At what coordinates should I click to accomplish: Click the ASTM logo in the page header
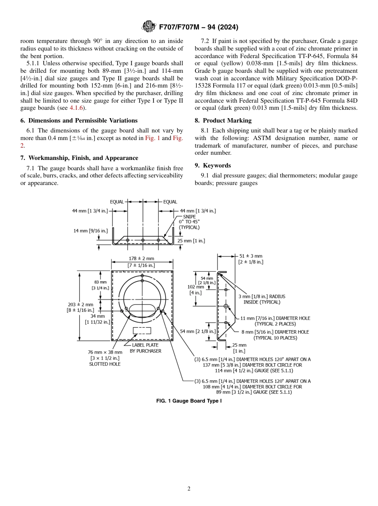tap(148, 27)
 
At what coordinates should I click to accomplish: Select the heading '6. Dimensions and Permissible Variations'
tap(79, 121)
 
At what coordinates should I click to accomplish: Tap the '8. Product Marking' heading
tap(227, 121)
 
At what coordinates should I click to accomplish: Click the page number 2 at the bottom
tap(189, 488)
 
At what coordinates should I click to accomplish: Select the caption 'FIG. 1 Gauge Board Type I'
tap(189, 401)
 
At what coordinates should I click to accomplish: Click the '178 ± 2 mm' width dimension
tap(141, 258)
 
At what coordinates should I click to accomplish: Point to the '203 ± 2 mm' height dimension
tap(80, 305)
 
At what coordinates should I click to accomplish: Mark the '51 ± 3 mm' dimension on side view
tap(251, 256)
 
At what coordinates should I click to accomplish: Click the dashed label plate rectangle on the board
tap(142, 330)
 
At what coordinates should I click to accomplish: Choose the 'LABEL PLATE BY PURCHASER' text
tap(145, 348)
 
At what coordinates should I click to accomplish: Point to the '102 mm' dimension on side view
tap(195, 287)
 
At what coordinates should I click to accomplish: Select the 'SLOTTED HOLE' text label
tap(105, 364)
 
